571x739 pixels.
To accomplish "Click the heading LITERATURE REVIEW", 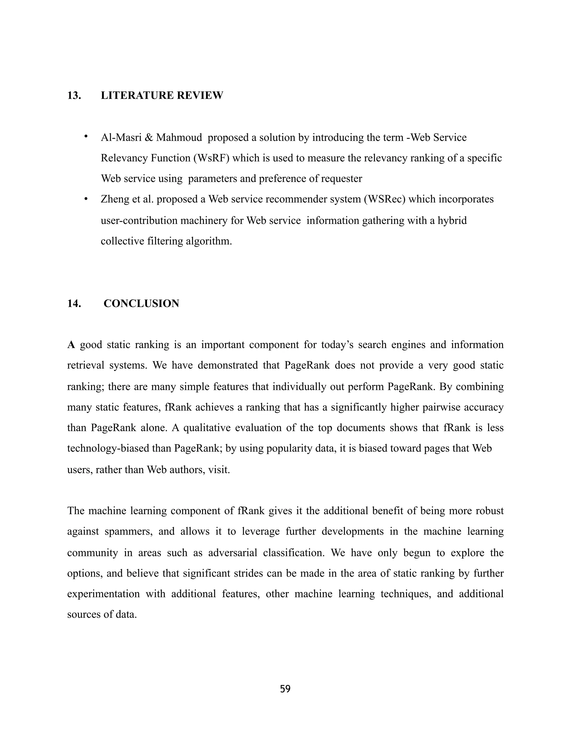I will pyautogui.click(x=162, y=95).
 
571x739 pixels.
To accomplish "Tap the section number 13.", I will pyautogui.click(x=74, y=95).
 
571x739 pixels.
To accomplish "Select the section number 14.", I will pyautogui.click(x=74, y=303).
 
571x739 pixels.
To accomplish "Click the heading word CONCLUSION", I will pyautogui.click(x=141, y=303).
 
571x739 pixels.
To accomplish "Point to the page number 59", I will pyautogui.click(x=285, y=689).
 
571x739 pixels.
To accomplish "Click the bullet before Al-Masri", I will pyautogui.click(x=86, y=137).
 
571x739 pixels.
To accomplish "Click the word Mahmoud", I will pyautogui.click(x=179, y=138).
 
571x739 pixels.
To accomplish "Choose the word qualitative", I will pyautogui.click(x=206, y=428).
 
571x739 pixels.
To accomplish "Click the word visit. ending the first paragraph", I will pyautogui.click(x=219, y=470).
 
